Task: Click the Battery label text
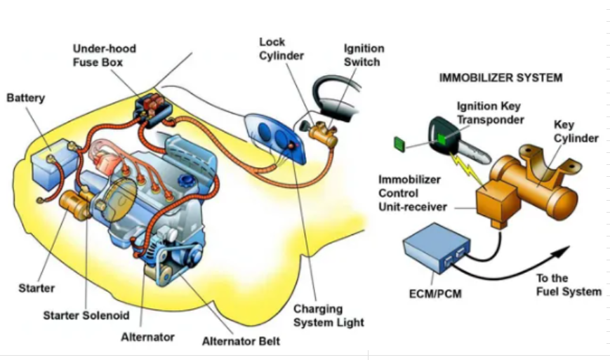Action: click(25, 98)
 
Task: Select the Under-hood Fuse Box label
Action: click(105, 55)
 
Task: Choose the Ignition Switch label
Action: click(363, 55)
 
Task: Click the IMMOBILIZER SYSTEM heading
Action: click(500, 77)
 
